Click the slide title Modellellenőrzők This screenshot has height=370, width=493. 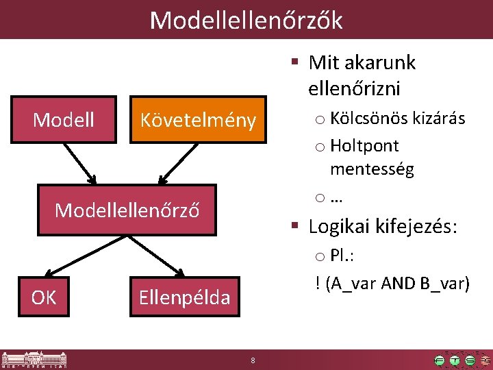click(246, 20)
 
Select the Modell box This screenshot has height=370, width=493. click(64, 120)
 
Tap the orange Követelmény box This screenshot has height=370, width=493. click(197, 121)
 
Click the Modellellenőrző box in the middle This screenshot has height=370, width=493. click(127, 210)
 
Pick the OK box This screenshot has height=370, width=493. click(45, 297)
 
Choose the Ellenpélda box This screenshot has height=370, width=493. click(184, 297)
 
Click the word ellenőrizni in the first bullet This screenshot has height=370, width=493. click(355, 88)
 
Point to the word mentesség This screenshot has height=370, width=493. click(372, 169)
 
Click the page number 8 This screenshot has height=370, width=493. click(253, 360)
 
